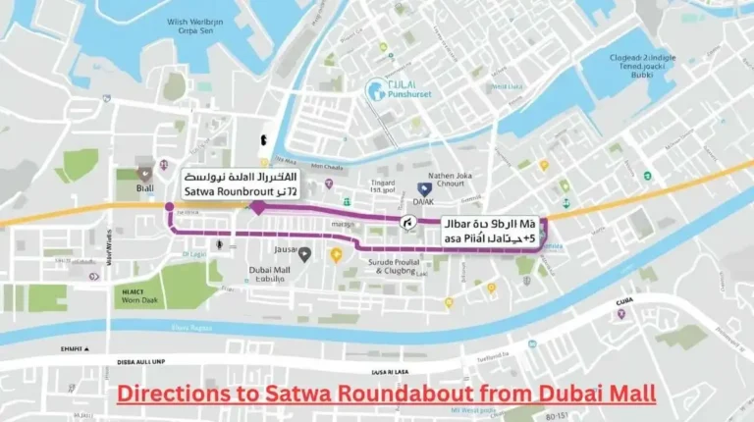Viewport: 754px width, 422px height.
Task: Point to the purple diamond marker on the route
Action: (x=256, y=207)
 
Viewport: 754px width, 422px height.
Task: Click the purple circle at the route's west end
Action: (x=170, y=207)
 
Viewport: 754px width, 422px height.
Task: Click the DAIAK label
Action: (x=423, y=202)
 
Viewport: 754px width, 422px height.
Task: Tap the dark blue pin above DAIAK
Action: (x=423, y=187)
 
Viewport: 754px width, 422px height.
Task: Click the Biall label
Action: (x=145, y=188)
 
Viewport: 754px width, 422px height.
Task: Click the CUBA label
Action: (x=624, y=301)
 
